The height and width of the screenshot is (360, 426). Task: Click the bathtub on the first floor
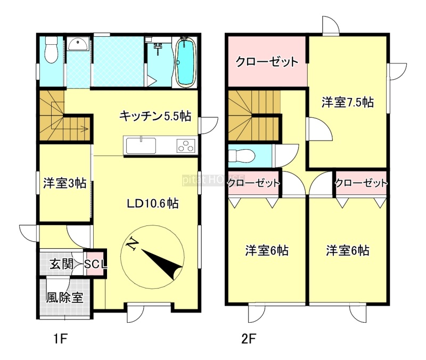[x=186, y=62]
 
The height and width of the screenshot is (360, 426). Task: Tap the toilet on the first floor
[x=51, y=50]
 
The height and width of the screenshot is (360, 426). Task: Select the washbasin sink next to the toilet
[x=78, y=44]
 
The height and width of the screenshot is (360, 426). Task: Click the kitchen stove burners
[x=186, y=145]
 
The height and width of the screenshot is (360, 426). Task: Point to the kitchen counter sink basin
[x=141, y=145]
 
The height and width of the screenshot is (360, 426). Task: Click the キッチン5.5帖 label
[x=155, y=116]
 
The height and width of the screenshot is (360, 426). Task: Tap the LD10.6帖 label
[x=153, y=203]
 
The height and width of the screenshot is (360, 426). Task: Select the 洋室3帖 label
[x=64, y=183]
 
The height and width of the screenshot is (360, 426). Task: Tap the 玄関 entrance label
[x=61, y=264]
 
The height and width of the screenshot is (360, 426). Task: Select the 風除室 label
[x=64, y=298]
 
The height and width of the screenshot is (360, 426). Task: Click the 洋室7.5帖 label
[x=348, y=102]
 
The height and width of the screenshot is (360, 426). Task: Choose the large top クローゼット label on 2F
[x=267, y=62]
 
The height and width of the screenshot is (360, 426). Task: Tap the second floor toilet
[x=241, y=156]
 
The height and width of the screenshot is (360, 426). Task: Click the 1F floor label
[x=60, y=339]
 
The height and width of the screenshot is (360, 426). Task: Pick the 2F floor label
[x=249, y=339]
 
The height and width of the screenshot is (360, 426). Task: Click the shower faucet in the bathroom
[x=158, y=47]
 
